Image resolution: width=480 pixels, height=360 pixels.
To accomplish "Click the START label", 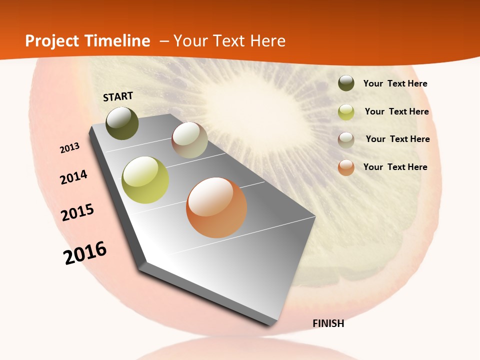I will [x=118, y=96].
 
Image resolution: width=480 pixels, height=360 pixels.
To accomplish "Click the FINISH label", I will [x=328, y=323].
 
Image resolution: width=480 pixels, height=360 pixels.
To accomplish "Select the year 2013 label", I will [x=70, y=148].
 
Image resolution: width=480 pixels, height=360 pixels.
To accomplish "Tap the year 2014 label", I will [x=74, y=177].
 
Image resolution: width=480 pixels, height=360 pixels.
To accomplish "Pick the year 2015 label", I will [x=77, y=212].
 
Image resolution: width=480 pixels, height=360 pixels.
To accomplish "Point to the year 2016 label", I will [x=85, y=253].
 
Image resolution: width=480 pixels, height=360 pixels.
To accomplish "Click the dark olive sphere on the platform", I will [x=122, y=123].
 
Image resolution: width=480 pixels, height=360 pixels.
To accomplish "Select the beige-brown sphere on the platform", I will [x=189, y=140].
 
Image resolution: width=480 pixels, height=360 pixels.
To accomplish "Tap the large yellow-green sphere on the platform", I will [x=145, y=180].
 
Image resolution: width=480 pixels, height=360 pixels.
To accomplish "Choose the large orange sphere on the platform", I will [x=216, y=207].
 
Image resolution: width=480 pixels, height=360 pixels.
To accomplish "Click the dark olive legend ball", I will [x=346, y=83].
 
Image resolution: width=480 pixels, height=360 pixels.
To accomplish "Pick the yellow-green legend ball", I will [x=346, y=112].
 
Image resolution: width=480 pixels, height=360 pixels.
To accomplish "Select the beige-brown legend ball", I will [x=346, y=140].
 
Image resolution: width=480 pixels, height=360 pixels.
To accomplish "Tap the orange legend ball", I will [x=346, y=167].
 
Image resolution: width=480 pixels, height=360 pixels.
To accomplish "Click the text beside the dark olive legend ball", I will [x=395, y=84].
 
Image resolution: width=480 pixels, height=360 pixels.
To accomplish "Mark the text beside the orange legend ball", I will [x=395, y=167].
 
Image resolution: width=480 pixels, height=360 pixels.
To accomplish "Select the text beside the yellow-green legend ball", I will [x=396, y=111].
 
